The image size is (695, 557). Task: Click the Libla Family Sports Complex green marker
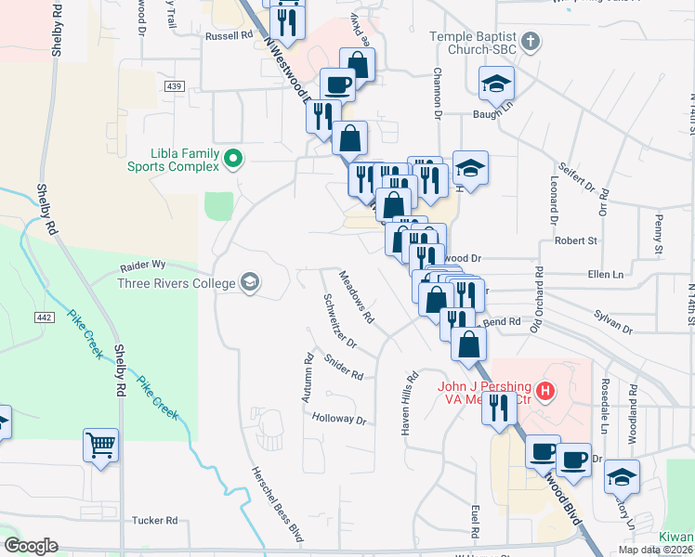(x=233, y=161)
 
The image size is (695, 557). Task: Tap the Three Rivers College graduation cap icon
(x=249, y=281)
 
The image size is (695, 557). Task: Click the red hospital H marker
(x=546, y=393)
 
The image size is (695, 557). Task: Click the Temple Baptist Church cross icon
(x=530, y=42)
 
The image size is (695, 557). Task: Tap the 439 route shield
(x=174, y=85)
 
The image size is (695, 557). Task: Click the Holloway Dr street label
(x=339, y=419)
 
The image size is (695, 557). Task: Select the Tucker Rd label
(x=154, y=521)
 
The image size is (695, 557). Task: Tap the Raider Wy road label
(x=142, y=266)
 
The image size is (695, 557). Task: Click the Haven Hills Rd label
(x=410, y=399)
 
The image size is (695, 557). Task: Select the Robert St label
(x=575, y=240)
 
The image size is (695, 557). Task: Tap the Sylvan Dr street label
(x=613, y=329)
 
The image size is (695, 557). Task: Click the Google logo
(x=31, y=546)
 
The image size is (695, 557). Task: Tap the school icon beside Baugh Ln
(x=496, y=84)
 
